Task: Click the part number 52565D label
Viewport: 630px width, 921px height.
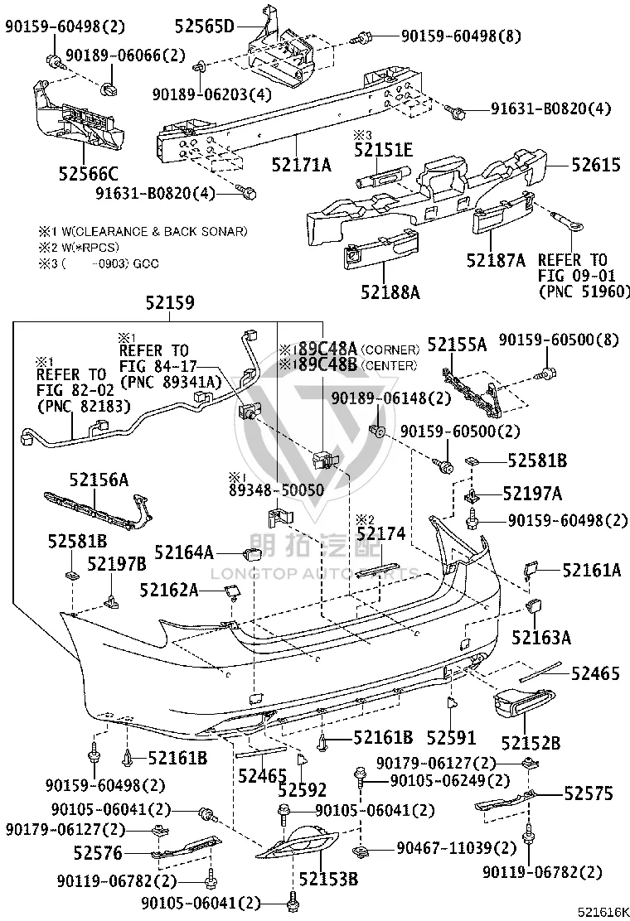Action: tap(204, 26)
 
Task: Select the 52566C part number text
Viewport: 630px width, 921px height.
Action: tap(88, 173)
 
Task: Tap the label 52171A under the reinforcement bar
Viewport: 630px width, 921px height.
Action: tap(302, 165)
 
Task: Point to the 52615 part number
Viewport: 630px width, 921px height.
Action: tap(596, 165)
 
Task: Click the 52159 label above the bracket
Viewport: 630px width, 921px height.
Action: tap(170, 302)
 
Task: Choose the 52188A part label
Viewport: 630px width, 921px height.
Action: tap(390, 292)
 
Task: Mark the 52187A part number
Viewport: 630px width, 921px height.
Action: tap(496, 260)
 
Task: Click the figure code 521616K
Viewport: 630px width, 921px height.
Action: tap(601, 912)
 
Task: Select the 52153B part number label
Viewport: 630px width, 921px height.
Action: tap(328, 880)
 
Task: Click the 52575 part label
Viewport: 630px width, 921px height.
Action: tap(589, 793)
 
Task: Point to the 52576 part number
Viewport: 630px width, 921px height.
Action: tap(98, 852)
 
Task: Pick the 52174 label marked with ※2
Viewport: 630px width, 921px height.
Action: tap(381, 533)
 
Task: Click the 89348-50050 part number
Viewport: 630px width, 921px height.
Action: tap(276, 489)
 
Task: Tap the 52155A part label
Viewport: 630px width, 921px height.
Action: tap(458, 345)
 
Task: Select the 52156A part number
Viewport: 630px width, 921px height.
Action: tap(99, 480)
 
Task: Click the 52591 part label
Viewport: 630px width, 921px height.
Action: tap(451, 738)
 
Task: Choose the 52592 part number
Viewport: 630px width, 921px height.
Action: tap(302, 790)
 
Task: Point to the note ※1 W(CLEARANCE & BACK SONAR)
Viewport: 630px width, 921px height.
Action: tap(143, 231)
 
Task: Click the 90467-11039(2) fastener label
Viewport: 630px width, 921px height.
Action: tap(457, 848)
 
